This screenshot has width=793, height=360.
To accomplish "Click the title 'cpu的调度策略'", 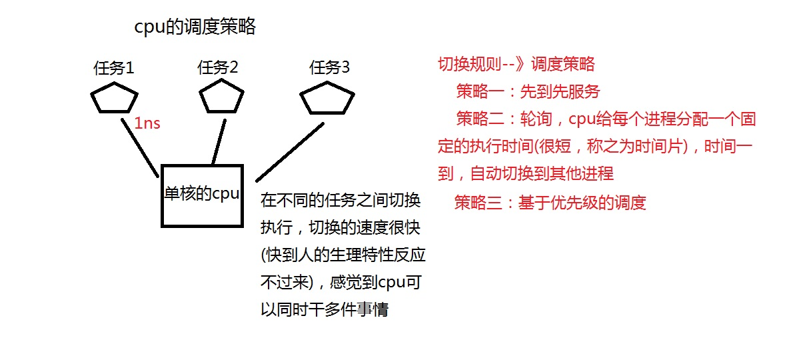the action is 195,27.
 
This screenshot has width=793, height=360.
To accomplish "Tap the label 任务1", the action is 114,68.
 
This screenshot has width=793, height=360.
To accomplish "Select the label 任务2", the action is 218,67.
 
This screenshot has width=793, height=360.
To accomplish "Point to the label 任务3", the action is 329,67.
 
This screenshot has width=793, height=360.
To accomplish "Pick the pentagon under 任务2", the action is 222,97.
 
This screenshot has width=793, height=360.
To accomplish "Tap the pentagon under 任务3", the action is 326,99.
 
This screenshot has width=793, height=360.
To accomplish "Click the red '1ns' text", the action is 147,123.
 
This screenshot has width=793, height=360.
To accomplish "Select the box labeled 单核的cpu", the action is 202,195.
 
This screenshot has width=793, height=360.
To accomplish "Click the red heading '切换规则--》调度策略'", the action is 516,65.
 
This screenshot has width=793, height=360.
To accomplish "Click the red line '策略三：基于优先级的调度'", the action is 550,203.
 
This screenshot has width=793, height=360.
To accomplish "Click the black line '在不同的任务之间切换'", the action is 340,200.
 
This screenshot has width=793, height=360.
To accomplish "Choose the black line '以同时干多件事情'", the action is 325,309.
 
